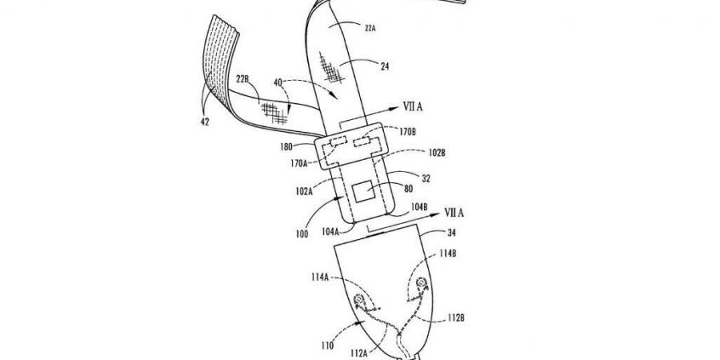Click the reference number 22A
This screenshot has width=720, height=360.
pos(370,28)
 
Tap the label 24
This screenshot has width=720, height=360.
pos(385,66)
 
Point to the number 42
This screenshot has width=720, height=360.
pos(204,123)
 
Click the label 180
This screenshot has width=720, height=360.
pos(285,148)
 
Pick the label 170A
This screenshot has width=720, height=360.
pos(299,162)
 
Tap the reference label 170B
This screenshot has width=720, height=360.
pos(408,133)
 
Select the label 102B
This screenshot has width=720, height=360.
pos(437,153)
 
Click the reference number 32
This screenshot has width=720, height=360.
pos(426,179)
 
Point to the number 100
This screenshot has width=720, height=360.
pos(301,235)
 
